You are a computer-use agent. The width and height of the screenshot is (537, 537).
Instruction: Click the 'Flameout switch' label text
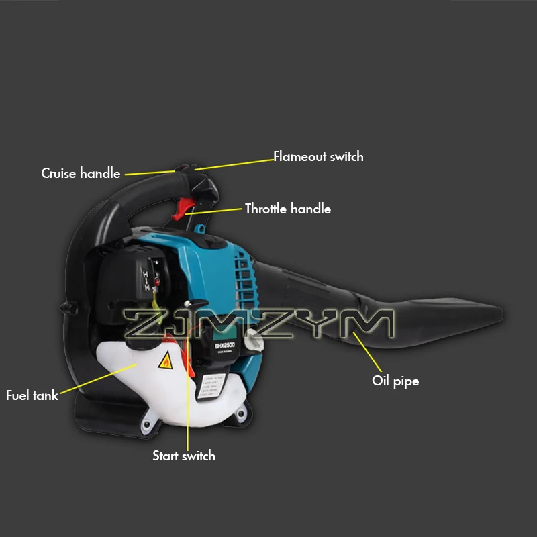(x=318, y=156)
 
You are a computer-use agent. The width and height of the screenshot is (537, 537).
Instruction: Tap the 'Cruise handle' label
(x=81, y=173)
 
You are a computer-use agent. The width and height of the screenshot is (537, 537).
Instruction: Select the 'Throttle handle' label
(x=287, y=209)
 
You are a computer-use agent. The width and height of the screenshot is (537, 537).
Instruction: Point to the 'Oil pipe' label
(x=395, y=381)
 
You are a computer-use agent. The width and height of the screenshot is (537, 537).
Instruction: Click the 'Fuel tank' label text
(x=32, y=395)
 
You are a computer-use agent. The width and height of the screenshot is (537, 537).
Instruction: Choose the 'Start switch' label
(x=184, y=456)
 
